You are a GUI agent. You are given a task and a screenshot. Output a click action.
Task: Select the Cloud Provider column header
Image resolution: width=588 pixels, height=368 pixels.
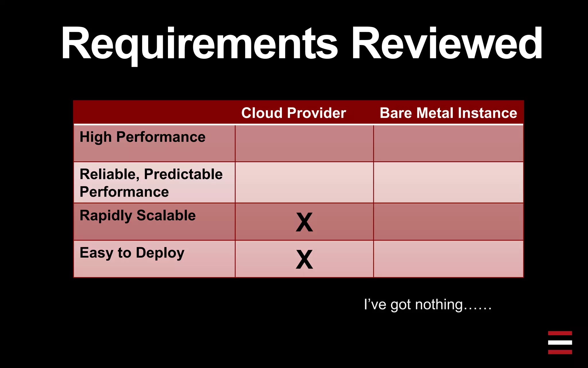coord(293,113)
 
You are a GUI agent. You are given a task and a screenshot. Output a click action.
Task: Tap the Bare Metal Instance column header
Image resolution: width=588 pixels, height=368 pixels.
coord(448,113)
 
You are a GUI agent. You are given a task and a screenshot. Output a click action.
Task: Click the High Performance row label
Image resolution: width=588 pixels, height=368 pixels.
coord(142,137)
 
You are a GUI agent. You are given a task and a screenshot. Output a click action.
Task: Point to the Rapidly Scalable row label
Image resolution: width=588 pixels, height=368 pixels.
coord(138,216)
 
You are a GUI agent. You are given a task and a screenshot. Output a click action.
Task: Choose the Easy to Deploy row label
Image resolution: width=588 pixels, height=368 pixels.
coord(132,253)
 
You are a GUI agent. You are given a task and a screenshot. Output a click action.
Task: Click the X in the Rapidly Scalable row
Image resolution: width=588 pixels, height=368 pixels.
coord(304,222)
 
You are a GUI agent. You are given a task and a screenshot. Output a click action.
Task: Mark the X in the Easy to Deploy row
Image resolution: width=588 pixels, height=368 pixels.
coord(304,259)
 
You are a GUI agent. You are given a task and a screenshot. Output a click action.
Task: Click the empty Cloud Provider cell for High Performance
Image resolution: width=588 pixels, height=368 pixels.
coord(304,143)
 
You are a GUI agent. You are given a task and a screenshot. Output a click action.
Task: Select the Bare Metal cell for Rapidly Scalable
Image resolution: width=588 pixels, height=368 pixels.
coord(448,222)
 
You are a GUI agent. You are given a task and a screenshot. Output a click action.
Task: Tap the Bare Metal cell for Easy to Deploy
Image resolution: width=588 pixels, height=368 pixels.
coord(448,259)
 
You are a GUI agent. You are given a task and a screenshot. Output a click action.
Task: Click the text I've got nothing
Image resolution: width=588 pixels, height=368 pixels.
coord(428,304)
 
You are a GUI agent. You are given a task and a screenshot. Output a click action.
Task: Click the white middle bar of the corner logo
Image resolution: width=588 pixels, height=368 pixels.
coord(560,342)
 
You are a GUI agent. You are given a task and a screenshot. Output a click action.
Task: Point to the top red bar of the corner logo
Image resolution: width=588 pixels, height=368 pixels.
coord(560,333)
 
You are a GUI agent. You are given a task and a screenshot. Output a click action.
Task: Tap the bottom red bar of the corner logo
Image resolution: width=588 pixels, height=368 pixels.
coord(560,352)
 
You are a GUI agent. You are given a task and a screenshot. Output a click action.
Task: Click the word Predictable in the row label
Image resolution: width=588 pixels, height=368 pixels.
coord(183,174)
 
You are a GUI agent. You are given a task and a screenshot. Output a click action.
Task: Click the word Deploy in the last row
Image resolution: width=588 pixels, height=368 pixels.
coord(160,253)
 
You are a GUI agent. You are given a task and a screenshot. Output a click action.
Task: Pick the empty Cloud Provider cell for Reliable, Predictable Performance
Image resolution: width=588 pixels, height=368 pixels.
coord(304,182)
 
